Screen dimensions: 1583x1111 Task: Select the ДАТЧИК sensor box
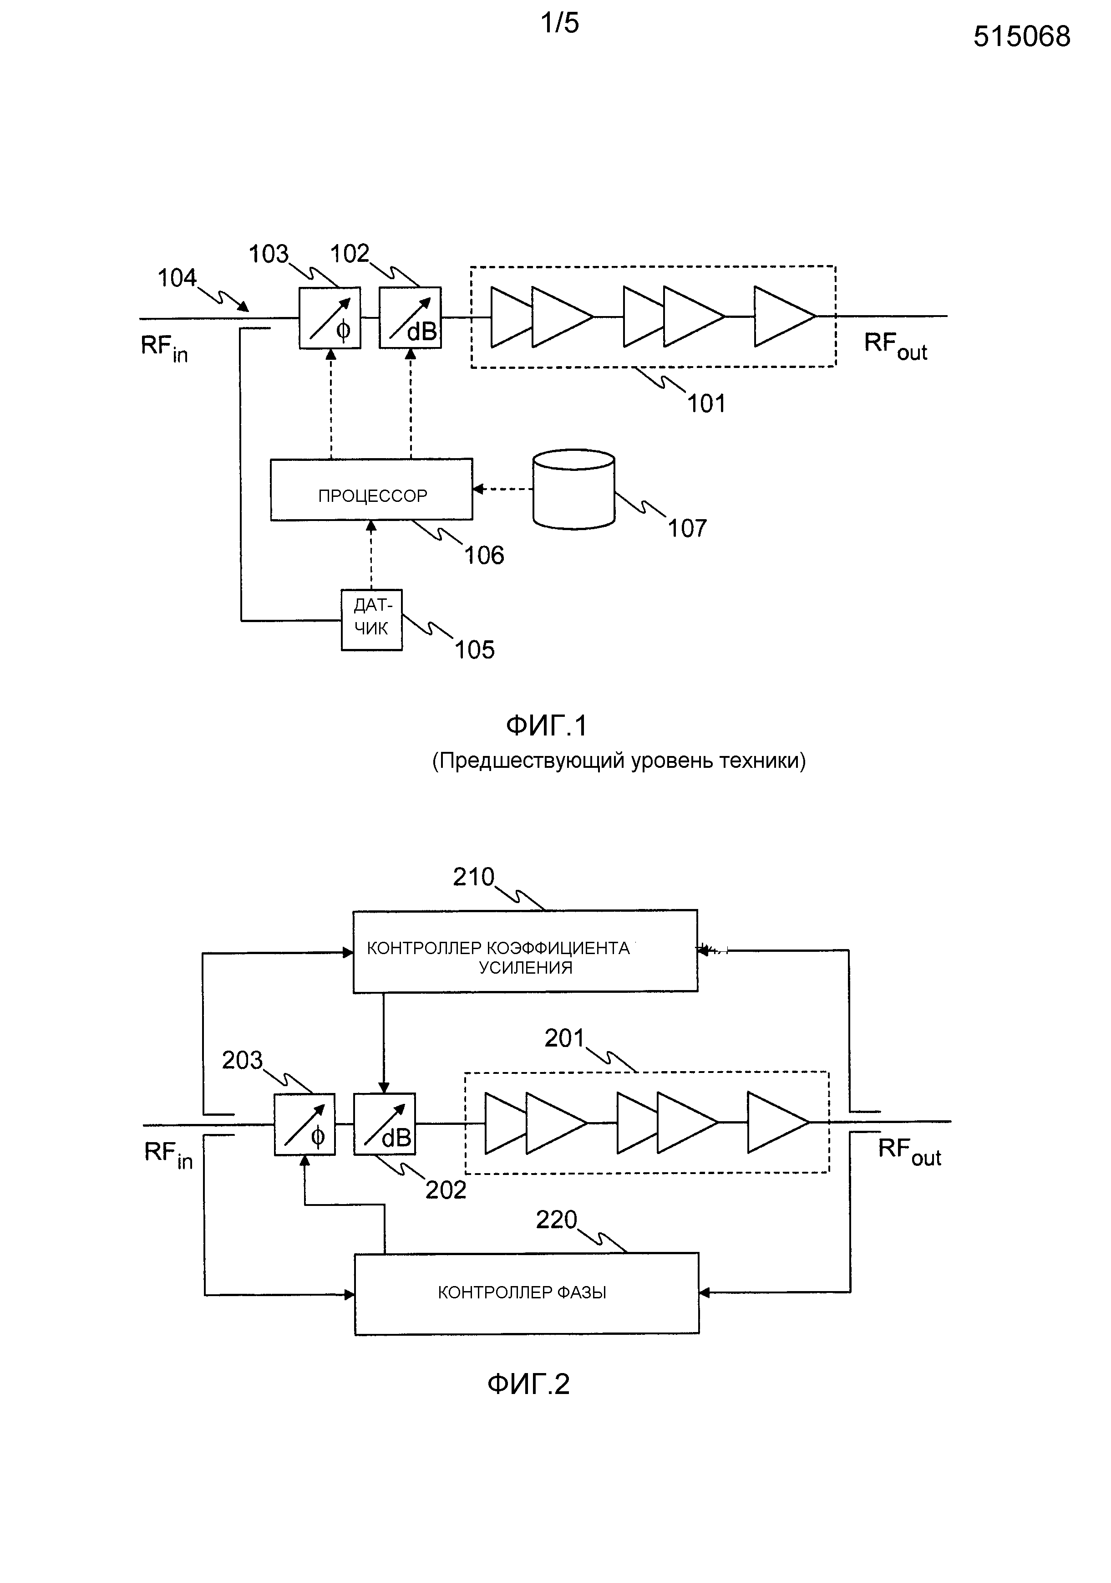coord(371,619)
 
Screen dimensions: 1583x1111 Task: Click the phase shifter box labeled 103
coord(330,318)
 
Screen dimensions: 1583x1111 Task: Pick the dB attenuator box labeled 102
coord(410,318)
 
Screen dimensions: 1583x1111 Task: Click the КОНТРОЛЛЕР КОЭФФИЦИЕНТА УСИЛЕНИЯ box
coord(525,951)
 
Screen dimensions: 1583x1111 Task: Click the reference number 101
coord(706,403)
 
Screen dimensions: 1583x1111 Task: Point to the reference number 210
coord(473,877)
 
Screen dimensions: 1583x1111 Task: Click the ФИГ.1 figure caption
coord(547,725)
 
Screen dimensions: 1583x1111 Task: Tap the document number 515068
coord(1021,36)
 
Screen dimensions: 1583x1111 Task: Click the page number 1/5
coord(560,23)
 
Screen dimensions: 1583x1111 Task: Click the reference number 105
coord(475,649)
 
